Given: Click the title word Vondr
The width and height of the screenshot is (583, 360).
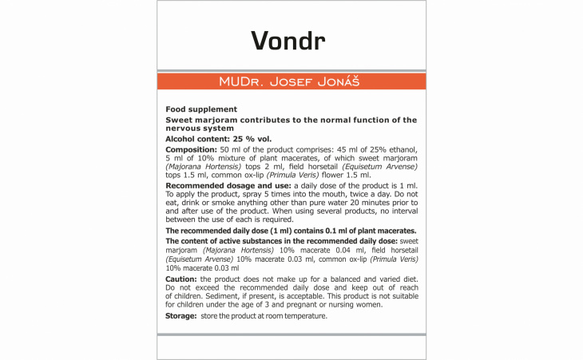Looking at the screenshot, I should pos(291,39).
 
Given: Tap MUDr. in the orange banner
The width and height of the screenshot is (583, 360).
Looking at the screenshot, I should pos(241,82).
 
